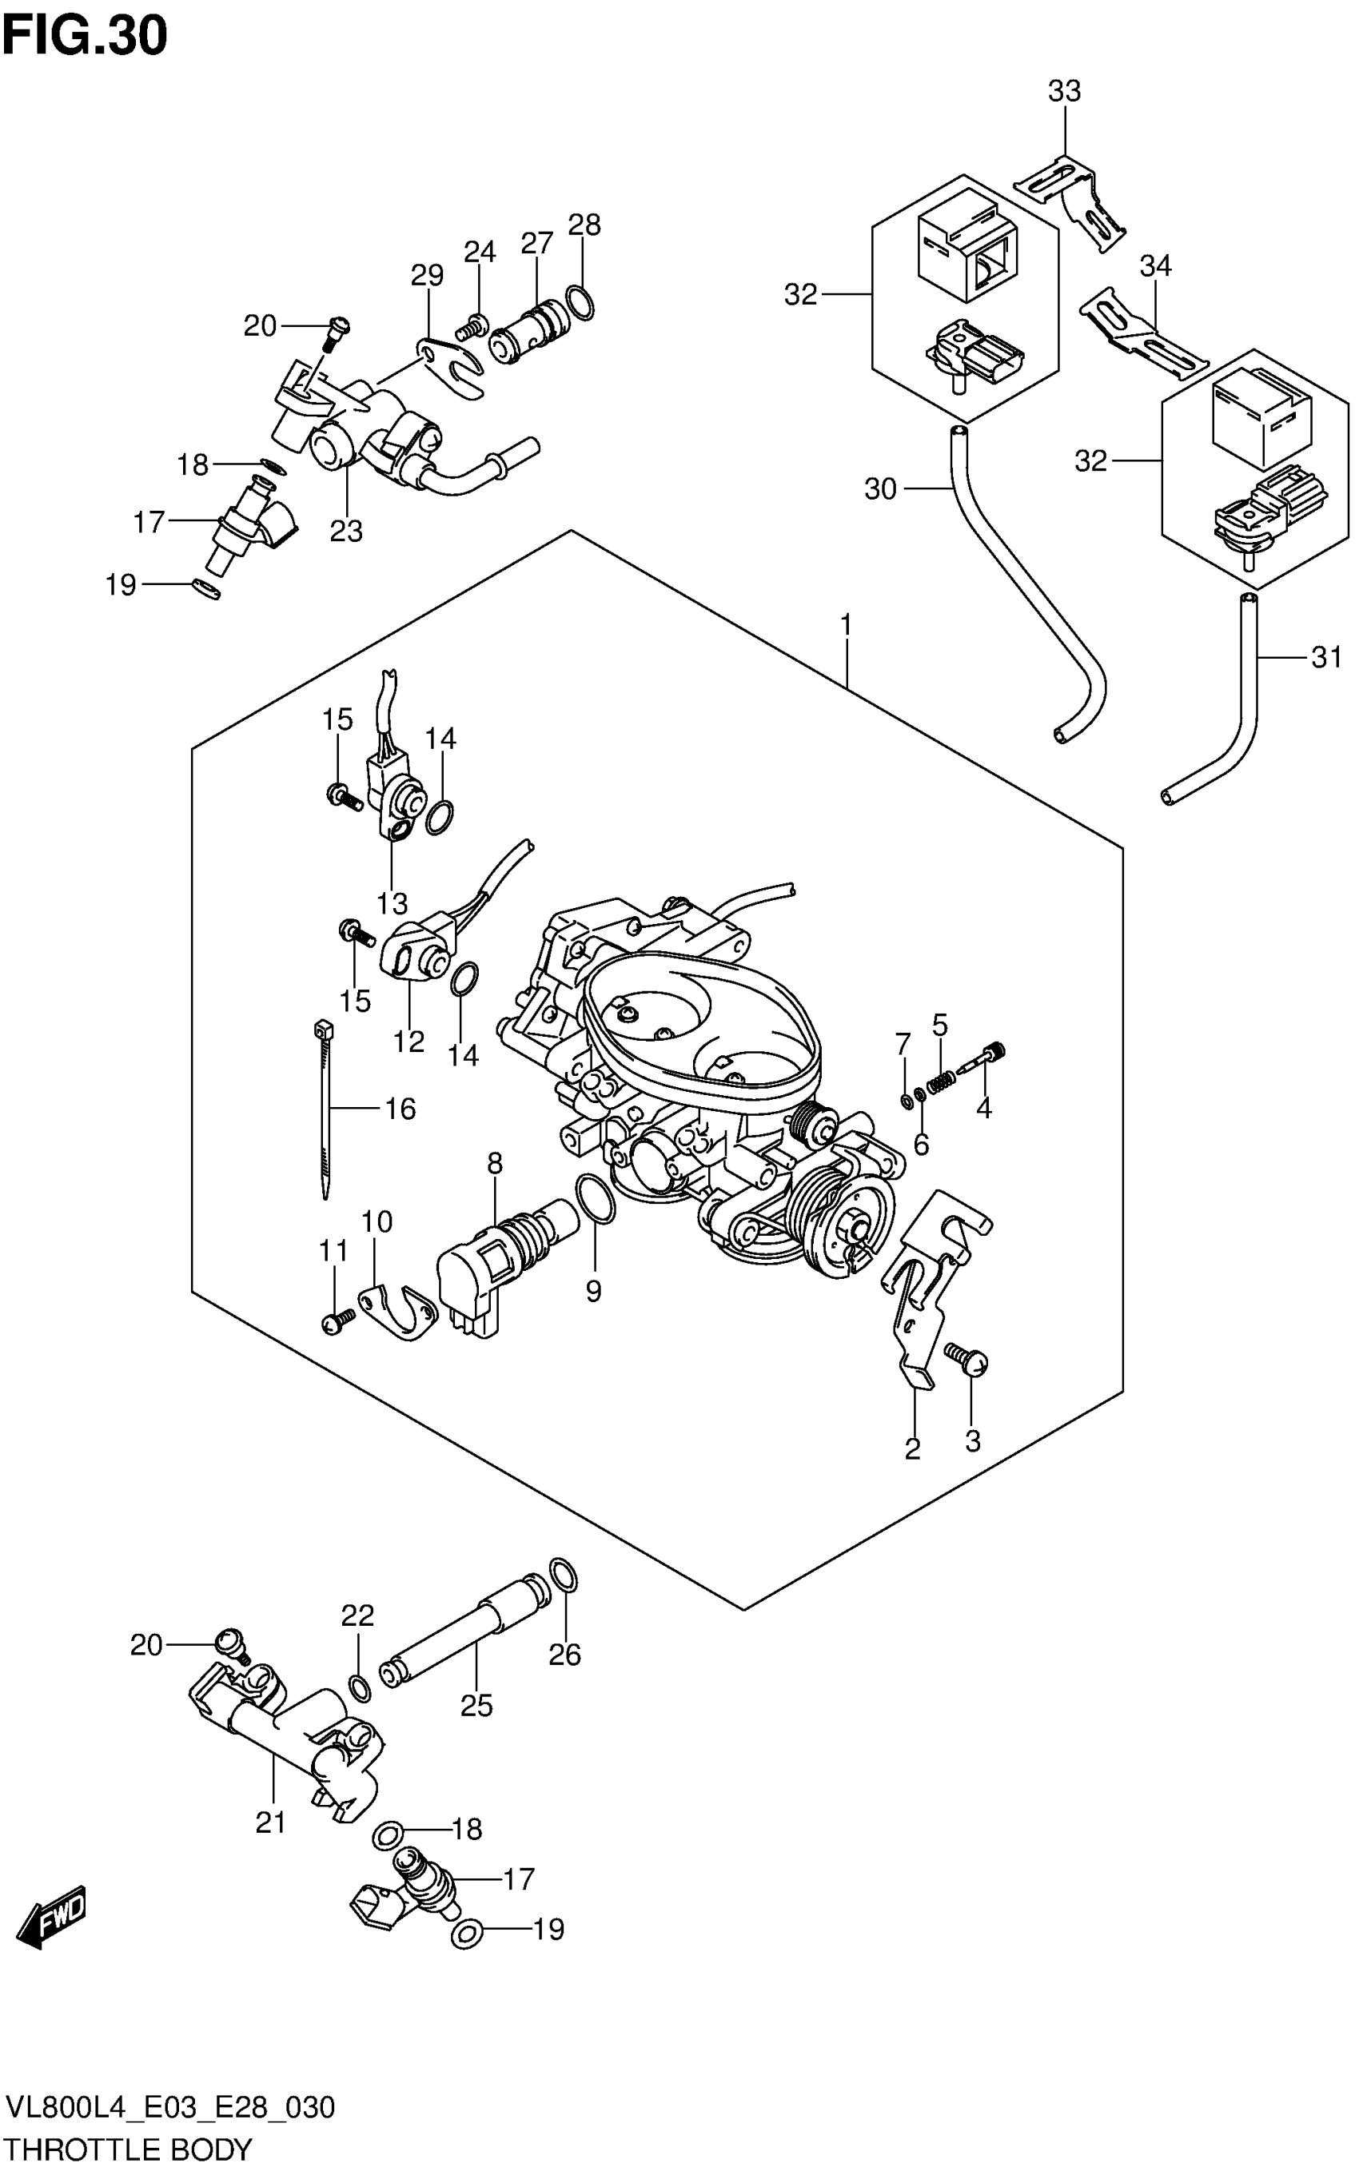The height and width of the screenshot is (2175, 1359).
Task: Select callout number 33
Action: tap(1064, 91)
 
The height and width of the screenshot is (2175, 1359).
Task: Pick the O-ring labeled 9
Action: tap(594, 1197)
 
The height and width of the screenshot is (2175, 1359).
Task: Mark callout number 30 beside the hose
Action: tap(881, 489)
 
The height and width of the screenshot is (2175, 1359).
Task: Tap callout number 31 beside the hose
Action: tap(1325, 658)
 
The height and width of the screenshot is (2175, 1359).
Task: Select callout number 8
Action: tap(494, 1164)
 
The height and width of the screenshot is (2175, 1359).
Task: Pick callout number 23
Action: tap(345, 532)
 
